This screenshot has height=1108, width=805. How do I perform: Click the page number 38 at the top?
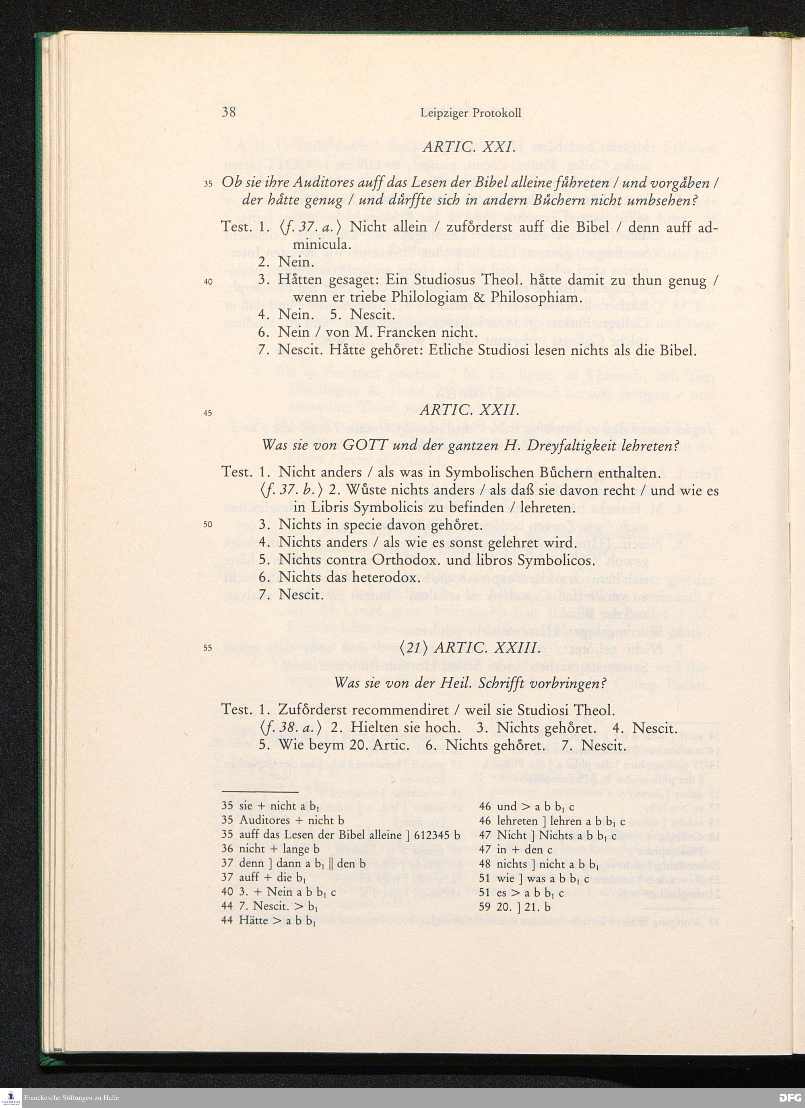pos(229,112)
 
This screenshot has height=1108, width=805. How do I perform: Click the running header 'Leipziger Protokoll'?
pos(470,113)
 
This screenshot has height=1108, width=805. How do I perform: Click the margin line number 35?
pos(208,184)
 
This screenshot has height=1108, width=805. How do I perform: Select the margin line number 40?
pos(208,282)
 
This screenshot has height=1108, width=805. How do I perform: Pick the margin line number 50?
pos(208,525)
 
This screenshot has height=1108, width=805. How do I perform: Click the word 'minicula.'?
pos(322,244)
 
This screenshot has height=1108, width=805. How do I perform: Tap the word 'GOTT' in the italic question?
pos(364,446)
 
